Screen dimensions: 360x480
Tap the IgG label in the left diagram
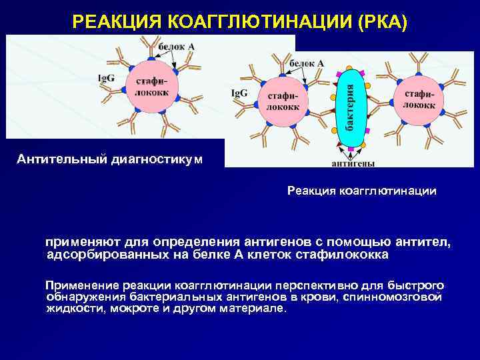(106, 78)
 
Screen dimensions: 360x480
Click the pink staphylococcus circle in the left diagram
(151, 86)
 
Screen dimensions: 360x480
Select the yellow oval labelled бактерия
(351, 109)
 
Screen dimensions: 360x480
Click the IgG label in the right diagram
(239, 93)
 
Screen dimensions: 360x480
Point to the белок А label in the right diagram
(307, 63)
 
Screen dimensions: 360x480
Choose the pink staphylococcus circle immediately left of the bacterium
(283, 101)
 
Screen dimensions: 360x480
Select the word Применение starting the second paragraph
(73, 284)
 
